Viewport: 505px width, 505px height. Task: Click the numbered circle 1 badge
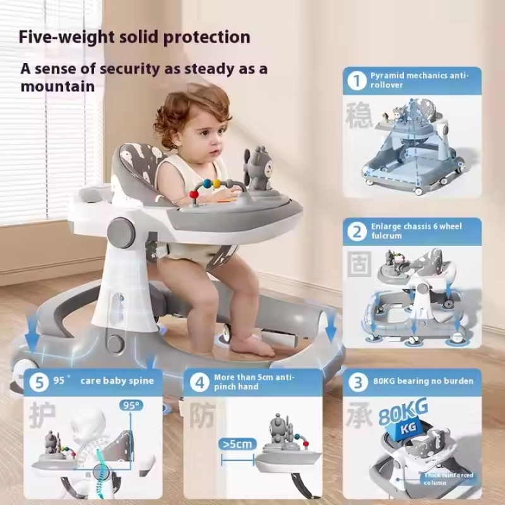point(358,81)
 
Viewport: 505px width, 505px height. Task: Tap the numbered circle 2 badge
point(357,232)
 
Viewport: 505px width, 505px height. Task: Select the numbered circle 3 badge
point(357,382)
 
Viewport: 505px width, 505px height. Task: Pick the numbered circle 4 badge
point(199,382)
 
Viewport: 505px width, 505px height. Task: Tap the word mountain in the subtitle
point(58,86)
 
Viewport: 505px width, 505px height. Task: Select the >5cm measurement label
point(237,444)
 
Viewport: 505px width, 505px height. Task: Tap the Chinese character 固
point(359,266)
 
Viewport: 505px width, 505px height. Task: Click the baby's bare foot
point(252,345)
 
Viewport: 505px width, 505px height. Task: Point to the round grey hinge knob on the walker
point(121,232)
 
